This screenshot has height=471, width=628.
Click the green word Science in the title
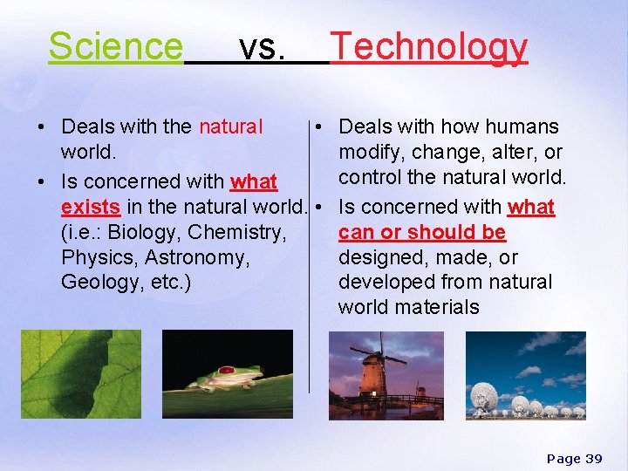115,47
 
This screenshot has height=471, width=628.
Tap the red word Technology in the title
429,47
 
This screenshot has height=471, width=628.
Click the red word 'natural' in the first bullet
230,127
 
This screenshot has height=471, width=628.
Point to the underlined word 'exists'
91,208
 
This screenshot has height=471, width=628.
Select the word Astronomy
197,258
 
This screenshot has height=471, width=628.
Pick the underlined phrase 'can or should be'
422,233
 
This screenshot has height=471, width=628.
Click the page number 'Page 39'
574,458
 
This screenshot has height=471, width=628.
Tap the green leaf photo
80,374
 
